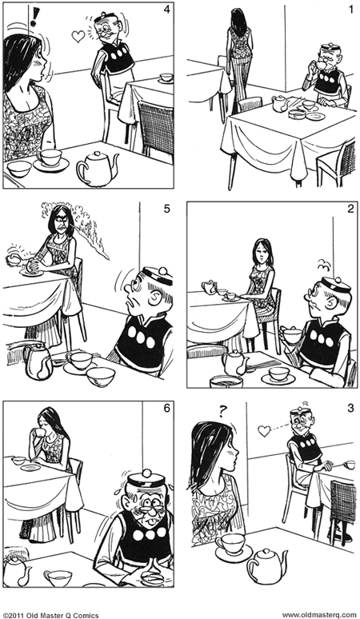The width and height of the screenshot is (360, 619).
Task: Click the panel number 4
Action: [166, 10]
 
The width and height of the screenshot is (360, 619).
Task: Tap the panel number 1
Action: [349, 10]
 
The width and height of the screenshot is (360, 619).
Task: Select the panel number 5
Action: [166, 210]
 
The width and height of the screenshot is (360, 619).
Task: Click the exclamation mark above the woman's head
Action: [34, 15]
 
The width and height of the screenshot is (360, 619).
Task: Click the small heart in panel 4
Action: [78, 36]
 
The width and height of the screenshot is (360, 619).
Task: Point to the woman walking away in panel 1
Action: [238, 56]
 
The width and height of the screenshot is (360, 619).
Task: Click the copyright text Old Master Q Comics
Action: [49, 613]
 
